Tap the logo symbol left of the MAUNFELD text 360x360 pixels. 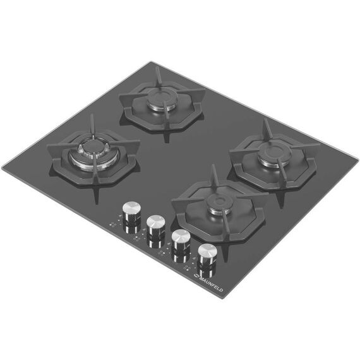click(x=196, y=276)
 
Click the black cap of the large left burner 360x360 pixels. click(x=92, y=147)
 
